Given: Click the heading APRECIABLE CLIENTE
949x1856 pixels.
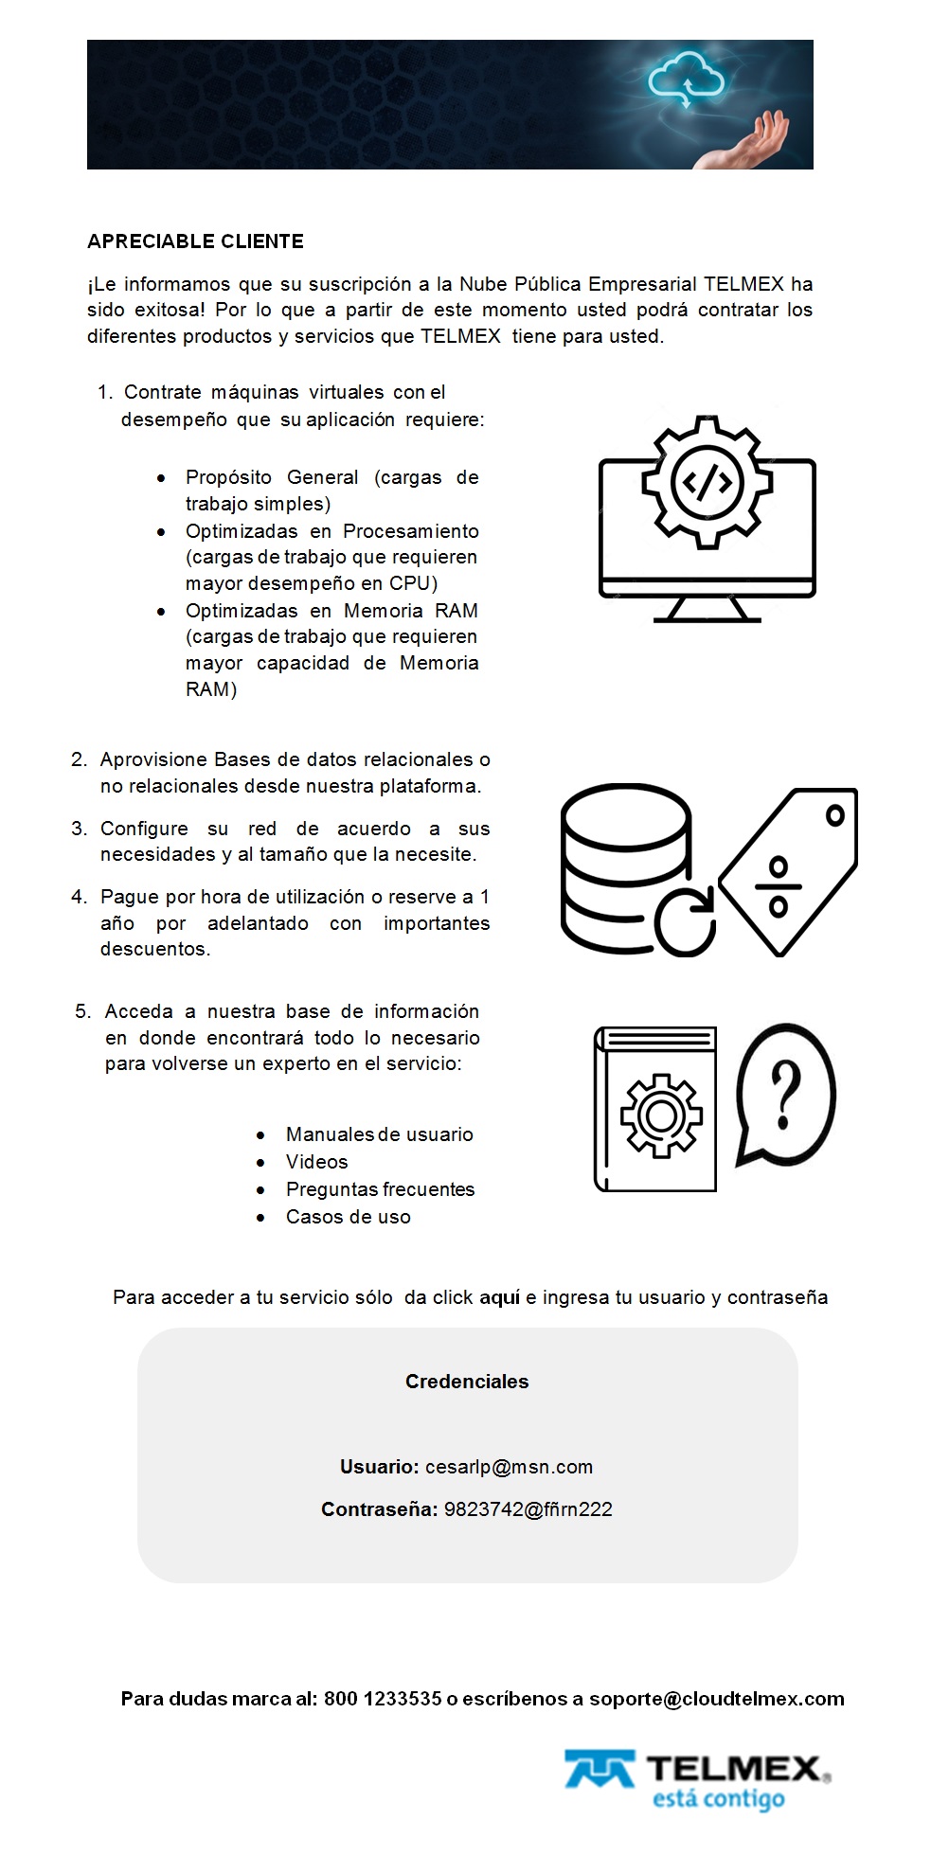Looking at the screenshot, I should point(195,241).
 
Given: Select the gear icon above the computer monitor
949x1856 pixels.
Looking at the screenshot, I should point(707,482).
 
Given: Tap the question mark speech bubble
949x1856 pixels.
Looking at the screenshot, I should point(785,1094).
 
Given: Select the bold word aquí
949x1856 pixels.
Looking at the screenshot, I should point(500,1297).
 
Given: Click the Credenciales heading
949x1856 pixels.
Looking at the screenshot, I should point(467,1382).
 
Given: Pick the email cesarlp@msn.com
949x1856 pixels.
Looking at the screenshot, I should point(509,1467).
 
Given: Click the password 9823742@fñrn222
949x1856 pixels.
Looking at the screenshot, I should point(528,1509).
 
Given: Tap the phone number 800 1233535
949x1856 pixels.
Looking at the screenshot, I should point(383,1699).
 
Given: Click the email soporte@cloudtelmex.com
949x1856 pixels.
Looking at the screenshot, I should point(716,1699).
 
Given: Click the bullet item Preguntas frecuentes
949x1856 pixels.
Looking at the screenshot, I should point(380,1189).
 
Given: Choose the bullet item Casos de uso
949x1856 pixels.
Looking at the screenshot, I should point(348,1217).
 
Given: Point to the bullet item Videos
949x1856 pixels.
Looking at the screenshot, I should point(316,1162).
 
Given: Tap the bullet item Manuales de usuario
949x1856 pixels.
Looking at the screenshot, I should point(379,1134).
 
